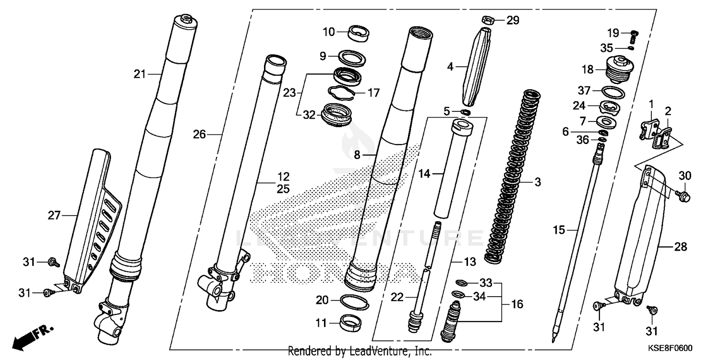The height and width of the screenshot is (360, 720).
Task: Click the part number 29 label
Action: [513, 20]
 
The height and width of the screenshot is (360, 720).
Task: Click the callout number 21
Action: [140, 74]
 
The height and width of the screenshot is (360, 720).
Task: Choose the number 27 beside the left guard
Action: [54, 216]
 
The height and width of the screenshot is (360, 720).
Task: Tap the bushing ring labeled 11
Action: [353, 322]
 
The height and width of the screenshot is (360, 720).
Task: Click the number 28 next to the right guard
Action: [680, 248]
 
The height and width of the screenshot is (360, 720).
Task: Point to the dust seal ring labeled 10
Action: [359, 33]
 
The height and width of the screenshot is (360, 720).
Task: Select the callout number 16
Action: [517, 304]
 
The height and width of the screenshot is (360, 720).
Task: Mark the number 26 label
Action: [199, 135]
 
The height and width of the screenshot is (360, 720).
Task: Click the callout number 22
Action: [397, 298]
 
